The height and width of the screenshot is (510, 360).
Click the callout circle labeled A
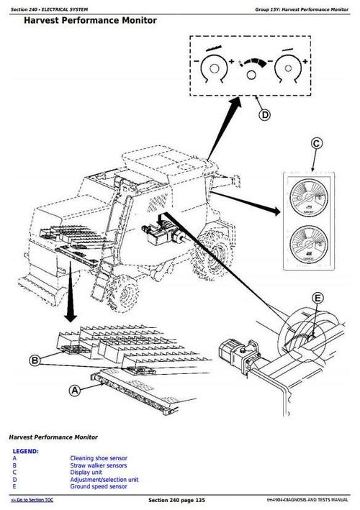click(73, 391)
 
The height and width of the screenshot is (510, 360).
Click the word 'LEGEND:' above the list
click(26, 451)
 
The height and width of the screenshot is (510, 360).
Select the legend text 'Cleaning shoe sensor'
click(99, 458)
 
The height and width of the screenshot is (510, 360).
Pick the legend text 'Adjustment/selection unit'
click(104, 480)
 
